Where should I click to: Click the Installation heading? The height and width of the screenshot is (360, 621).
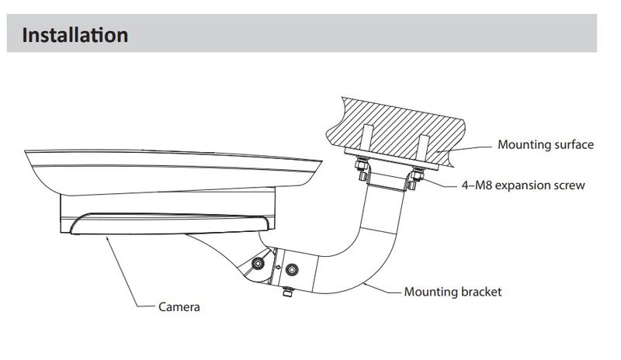click(75, 35)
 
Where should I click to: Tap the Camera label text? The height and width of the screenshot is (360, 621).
click(179, 307)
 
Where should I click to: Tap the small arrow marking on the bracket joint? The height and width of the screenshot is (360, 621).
click(278, 268)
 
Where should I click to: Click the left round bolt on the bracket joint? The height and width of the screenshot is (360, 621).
click(258, 263)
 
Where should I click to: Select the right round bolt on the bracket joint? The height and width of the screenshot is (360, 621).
click(293, 270)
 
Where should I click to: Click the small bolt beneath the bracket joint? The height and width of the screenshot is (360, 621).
click(287, 292)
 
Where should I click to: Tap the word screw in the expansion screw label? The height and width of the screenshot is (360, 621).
click(570, 185)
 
